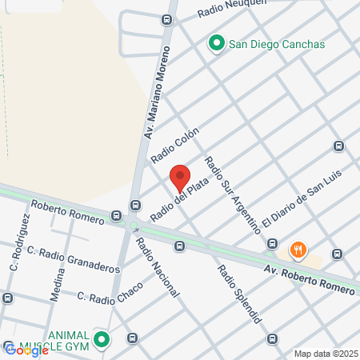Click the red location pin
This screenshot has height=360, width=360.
tap(180, 177)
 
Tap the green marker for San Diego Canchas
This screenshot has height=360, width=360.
tap(216, 43)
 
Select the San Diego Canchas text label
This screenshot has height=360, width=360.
tap(277, 44)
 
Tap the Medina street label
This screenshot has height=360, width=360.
tap(59, 282)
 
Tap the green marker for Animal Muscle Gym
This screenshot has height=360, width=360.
tap(101, 340)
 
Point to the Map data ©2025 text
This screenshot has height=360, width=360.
tap(323, 354)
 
